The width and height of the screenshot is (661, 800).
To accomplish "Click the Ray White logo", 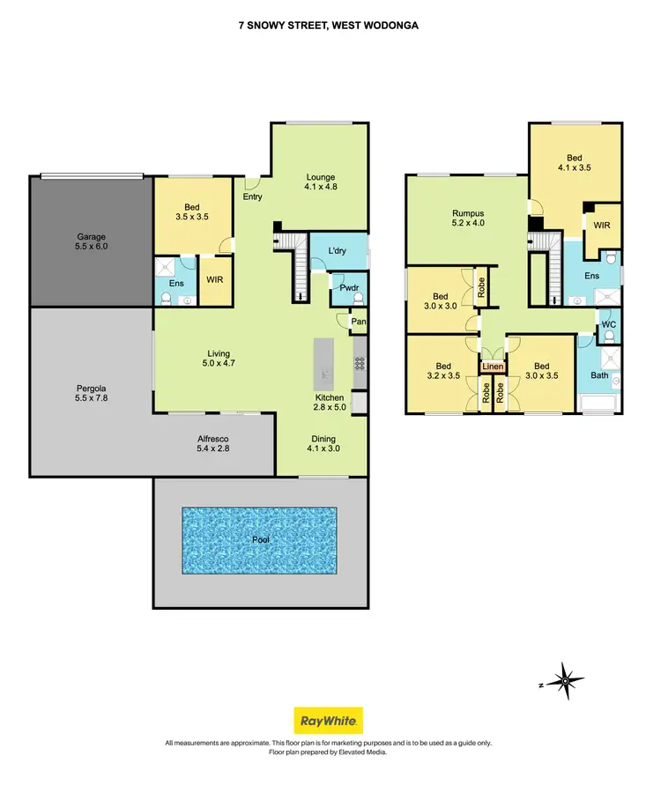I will pos(329,721).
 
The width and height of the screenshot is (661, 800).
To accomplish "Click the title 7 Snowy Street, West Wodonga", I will pos(329,26).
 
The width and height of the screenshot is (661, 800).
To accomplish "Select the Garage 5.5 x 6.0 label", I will pos(91,242).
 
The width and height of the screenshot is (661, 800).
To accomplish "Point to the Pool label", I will pos(259,539).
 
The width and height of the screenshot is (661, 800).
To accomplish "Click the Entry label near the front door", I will pos(253,196).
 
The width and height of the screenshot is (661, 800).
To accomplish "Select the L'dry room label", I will pos(337,252).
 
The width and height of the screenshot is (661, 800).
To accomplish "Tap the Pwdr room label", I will pos(346,288).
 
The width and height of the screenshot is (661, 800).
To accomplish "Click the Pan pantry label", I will pos(358,322).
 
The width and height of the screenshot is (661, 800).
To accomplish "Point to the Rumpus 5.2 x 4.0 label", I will pos(469,218).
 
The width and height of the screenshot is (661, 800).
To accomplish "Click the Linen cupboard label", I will pos(494,367).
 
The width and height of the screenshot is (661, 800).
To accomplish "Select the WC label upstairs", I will pos(607,325).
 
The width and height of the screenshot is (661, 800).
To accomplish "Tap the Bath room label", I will pos(598,375).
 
